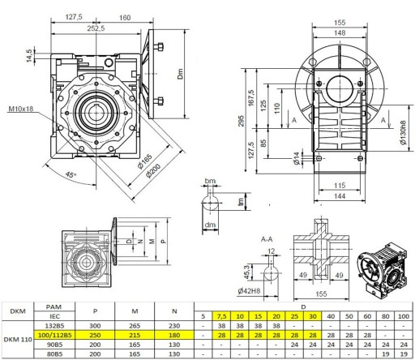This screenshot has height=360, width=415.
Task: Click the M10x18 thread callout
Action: coord(21,109)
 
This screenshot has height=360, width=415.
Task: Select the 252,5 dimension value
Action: coord(96,28)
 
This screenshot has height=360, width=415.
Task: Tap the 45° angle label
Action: coord(71,175)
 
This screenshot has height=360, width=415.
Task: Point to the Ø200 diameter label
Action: coord(153,171)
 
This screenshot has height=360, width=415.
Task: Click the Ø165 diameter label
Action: coord(145,161)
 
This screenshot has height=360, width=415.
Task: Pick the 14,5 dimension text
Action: coord(29,56)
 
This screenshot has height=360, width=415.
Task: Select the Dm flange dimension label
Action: coord(180,74)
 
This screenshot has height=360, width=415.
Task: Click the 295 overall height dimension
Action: coord(242,121)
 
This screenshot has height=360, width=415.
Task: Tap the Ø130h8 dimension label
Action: coord(403,132)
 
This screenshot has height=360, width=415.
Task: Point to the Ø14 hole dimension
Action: coord(297,158)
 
